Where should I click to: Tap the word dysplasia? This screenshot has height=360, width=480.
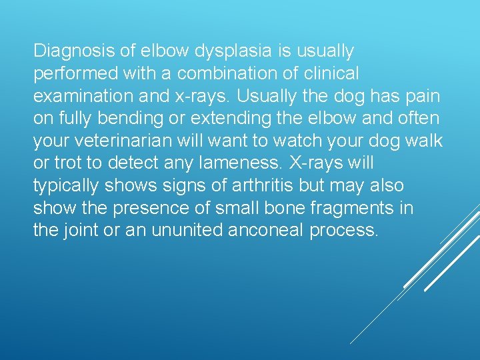[209, 51]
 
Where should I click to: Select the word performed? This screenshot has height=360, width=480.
[71, 73]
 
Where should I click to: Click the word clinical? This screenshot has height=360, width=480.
[332, 73]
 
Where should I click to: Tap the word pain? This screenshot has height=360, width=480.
[421, 96]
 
